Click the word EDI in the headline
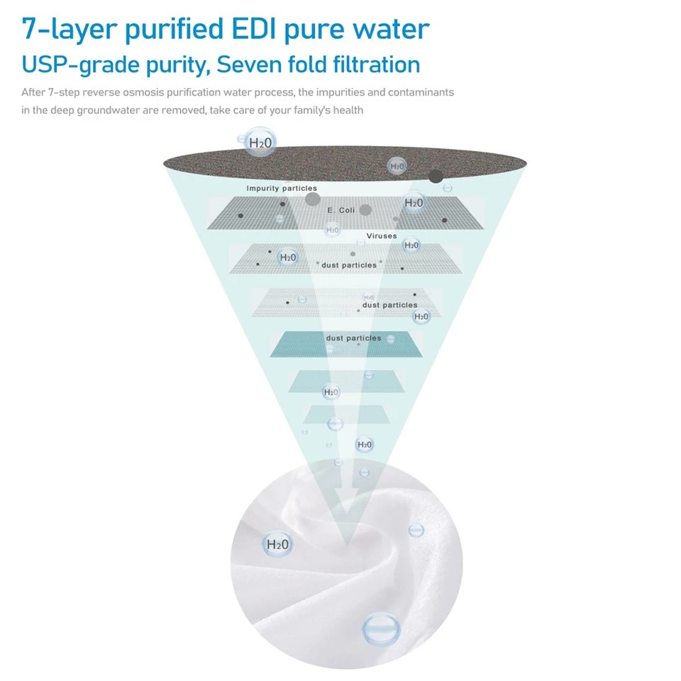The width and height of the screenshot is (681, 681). tap(254, 28)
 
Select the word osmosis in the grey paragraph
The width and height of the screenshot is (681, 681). tap(144, 92)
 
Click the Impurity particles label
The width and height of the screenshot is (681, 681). tap(282, 188)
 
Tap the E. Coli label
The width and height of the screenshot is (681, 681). tap(341, 210)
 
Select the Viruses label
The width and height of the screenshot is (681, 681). tap(382, 236)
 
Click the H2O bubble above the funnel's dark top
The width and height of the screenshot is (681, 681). tap(260, 142)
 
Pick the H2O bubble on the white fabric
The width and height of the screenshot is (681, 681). tap(277, 544)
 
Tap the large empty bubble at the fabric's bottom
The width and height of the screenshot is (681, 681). tap(381, 628)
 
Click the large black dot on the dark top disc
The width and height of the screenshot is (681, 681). tap(436, 176)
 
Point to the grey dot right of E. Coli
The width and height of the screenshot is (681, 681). tap(365, 210)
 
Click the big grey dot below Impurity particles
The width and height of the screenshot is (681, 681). tap(312, 199)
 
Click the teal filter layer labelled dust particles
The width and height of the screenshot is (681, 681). tap(346, 345)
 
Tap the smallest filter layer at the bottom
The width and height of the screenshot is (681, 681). tap(346, 414)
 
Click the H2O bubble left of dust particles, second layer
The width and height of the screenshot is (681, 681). tap(287, 258)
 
